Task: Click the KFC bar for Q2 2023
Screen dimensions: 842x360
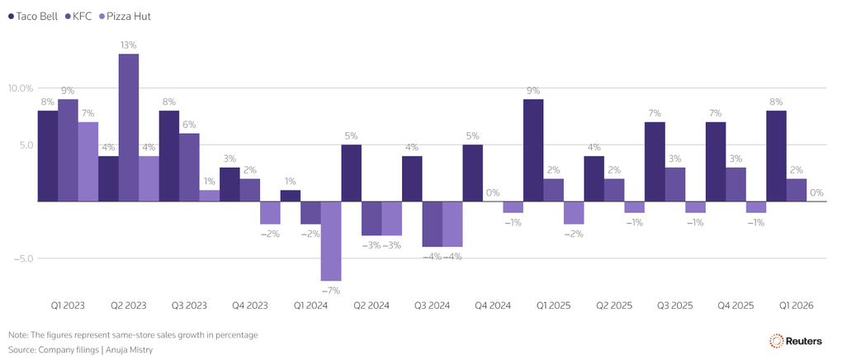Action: coord(128,127)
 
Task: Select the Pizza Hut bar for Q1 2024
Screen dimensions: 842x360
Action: coord(331,241)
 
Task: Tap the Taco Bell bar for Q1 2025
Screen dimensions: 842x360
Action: coord(533,150)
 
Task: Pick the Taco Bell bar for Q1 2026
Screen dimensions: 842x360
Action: coord(777,156)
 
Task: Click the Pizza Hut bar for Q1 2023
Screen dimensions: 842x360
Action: coord(88,162)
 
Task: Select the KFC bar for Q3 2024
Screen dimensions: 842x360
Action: coord(433,224)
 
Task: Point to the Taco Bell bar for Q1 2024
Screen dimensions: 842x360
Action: coord(291,196)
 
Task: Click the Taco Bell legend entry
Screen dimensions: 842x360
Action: coord(33,17)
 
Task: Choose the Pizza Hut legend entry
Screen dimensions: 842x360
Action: coord(125,17)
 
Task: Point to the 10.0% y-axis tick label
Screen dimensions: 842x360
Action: coord(20,88)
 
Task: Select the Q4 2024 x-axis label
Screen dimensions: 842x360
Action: coord(493,306)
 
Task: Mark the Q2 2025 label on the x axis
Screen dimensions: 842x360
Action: coord(614,306)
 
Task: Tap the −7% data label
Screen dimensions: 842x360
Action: coord(331,290)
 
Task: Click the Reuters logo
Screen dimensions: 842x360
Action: coord(796,341)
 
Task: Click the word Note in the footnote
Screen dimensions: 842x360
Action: coord(17,334)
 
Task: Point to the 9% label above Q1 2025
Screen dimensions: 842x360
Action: coord(533,90)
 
